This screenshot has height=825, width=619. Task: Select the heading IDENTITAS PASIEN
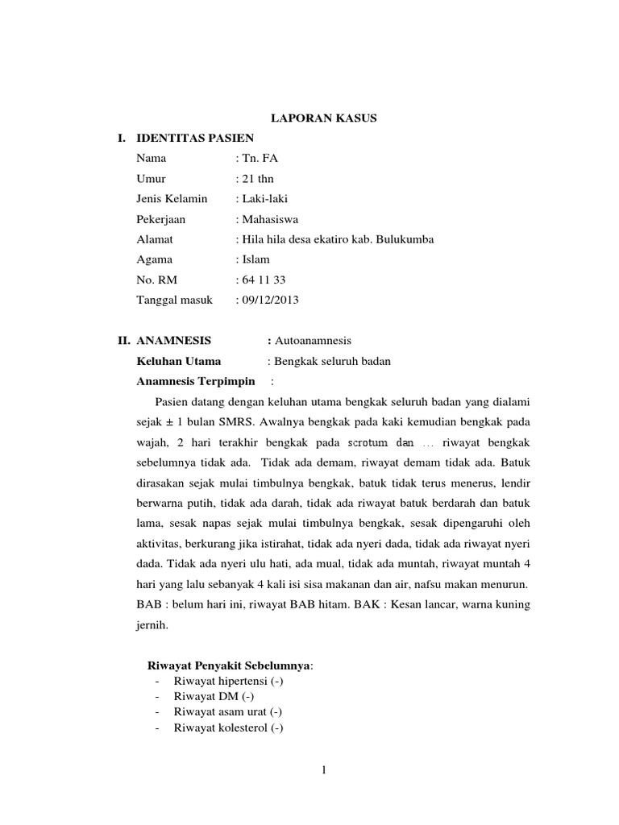point(196,139)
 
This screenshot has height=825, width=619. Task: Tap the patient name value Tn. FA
point(259,159)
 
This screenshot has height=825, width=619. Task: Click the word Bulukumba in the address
point(401,239)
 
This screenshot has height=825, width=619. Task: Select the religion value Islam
point(255,259)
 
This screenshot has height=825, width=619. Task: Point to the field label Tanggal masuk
point(175,300)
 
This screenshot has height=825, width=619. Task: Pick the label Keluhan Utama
point(179,361)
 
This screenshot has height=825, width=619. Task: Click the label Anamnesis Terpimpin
point(196,381)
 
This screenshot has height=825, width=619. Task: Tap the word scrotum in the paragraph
point(369,443)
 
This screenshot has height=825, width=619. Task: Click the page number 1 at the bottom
point(323,771)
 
